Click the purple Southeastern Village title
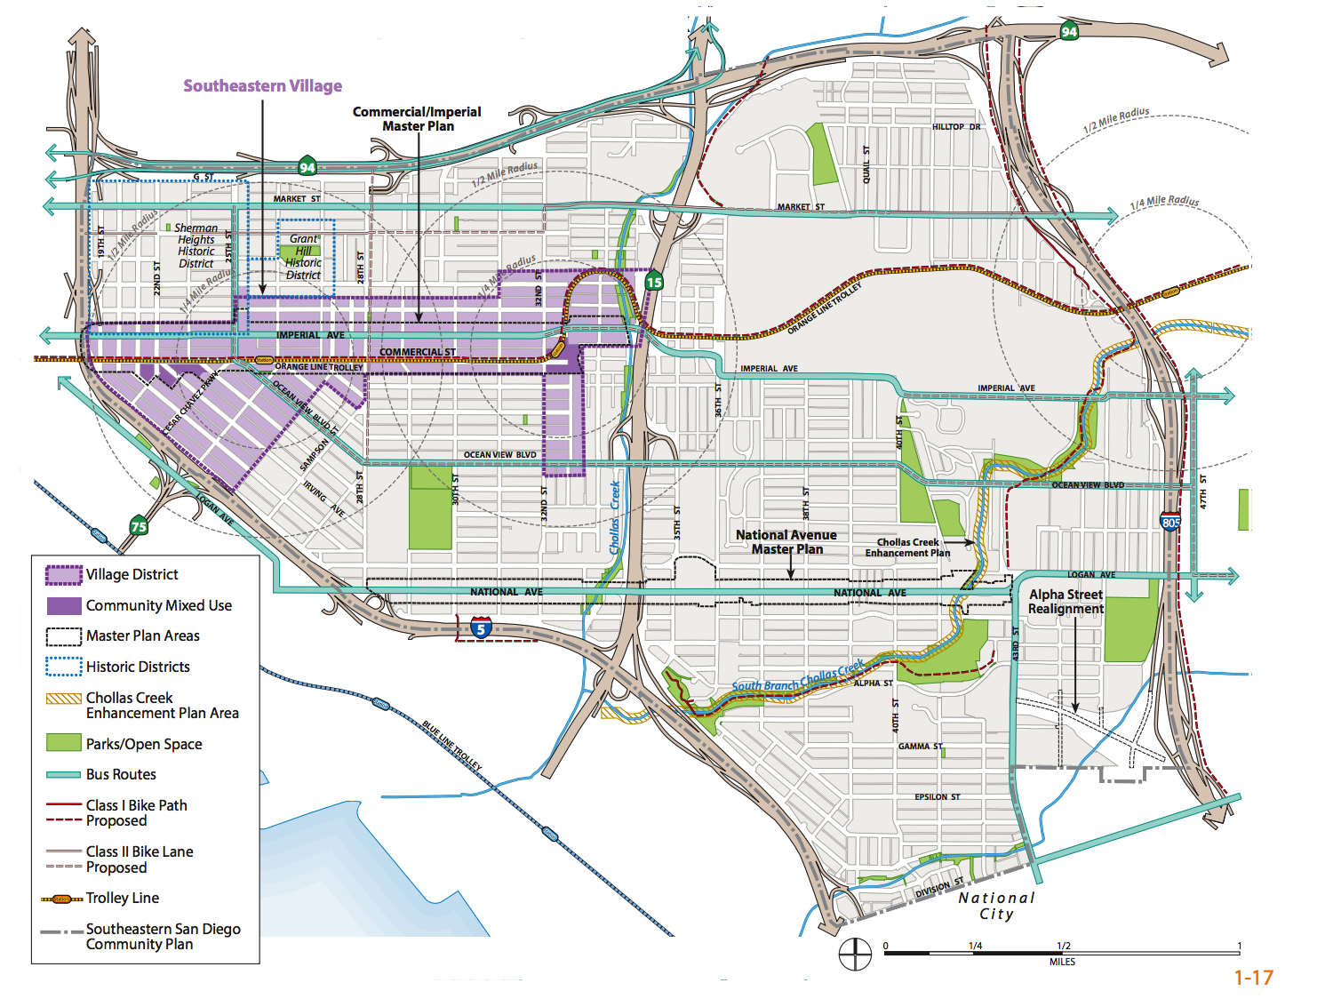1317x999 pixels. click(262, 86)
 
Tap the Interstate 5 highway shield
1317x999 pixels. click(481, 629)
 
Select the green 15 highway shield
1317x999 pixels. click(654, 282)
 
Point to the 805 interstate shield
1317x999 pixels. click(1170, 522)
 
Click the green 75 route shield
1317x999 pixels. click(139, 525)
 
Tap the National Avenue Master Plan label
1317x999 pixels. click(786, 542)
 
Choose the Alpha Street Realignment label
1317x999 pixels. click(1066, 602)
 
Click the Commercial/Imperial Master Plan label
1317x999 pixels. click(417, 119)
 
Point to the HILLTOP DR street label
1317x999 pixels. click(956, 127)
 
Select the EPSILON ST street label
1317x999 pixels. click(938, 797)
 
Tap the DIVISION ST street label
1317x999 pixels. click(939, 888)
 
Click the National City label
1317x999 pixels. click(996, 906)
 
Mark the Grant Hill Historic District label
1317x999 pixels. click(303, 257)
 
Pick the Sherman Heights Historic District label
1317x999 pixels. click(196, 246)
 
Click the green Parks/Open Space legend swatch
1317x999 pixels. click(63, 743)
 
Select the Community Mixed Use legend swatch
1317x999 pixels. click(63, 605)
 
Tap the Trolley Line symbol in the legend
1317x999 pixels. click(61, 899)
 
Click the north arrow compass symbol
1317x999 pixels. click(855, 954)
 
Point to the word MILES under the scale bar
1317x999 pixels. click(1062, 962)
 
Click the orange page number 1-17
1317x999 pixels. click(1253, 978)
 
